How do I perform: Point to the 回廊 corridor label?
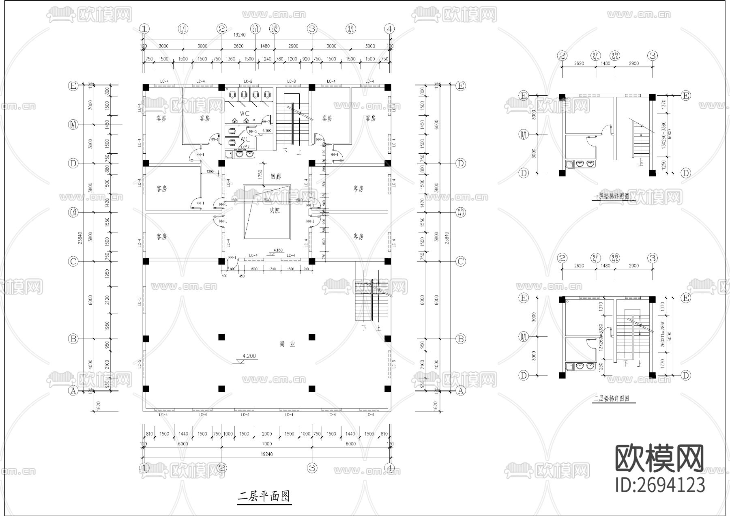[x=276, y=176]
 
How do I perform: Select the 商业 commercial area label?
[x=287, y=344]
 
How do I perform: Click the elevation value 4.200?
[x=249, y=356]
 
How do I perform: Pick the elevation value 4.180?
[x=278, y=250]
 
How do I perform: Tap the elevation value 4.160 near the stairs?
[x=267, y=131]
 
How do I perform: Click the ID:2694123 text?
[x=660, y=485]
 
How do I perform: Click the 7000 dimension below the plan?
[x=266, y=444]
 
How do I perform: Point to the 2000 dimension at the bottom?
[x=266, y=434]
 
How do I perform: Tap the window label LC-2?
[x=248, y=82]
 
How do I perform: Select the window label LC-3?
[x=291, y=82]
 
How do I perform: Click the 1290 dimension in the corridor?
[x=210, y=172]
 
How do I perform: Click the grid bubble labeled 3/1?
[x=351, y=29]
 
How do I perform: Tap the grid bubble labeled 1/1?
[x=183, y=29]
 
